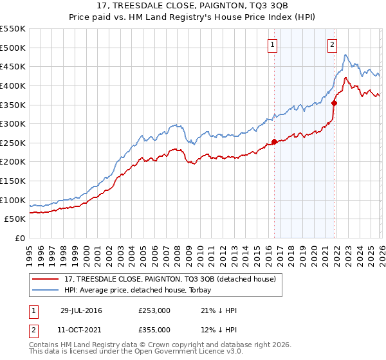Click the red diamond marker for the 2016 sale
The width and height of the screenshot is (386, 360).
tap(274, 141)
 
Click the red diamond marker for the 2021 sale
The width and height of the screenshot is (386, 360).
tap(334, 103)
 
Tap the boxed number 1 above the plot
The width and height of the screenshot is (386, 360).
tap(273, 45)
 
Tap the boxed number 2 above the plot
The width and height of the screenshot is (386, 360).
tap(332, 45)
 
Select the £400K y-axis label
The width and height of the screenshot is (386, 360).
tap(13, 85)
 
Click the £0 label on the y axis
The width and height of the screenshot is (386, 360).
tap(20, 239)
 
